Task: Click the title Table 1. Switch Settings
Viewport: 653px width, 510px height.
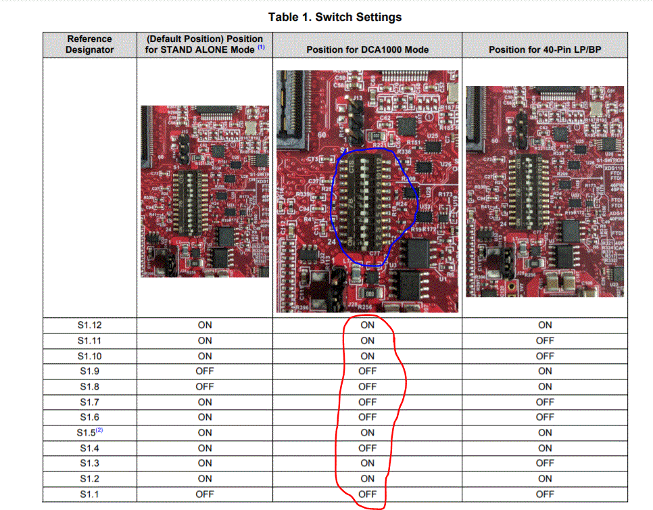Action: point(335,17)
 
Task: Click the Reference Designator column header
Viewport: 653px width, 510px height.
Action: point(89,45)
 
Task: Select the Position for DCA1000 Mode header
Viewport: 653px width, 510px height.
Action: point(367,49)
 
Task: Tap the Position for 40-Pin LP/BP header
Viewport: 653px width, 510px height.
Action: point(544,49)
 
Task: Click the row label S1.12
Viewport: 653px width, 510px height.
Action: point(89,325)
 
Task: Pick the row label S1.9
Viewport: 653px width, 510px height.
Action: point(89,371)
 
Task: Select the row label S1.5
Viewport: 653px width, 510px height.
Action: point(89,433)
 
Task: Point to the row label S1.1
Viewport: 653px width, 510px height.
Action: point(89,494)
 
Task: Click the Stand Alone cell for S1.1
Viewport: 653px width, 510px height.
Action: point(205,494)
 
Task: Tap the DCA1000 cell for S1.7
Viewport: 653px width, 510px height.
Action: point(367,402)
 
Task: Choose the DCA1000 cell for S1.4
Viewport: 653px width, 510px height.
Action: point(367,448)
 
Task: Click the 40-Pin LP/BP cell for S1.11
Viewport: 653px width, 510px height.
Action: point(544,341)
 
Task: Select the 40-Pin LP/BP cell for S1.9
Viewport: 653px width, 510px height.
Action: point(544,371)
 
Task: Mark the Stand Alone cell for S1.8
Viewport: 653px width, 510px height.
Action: point(205,387)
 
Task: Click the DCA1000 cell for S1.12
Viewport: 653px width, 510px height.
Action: point(367,325)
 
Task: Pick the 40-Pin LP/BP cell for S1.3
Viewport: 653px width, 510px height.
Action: point(544,463)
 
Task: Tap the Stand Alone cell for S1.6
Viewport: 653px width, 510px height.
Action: point(205,417)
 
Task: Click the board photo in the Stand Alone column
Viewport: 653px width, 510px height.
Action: point(205,191)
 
